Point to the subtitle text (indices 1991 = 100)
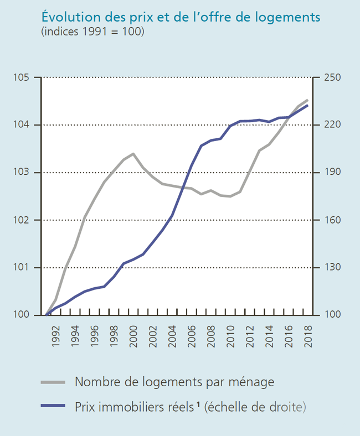click(93, 32)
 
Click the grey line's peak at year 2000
click(133, 154)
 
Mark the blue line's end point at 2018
click(307, 105)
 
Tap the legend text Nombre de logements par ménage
click(174, 382)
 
